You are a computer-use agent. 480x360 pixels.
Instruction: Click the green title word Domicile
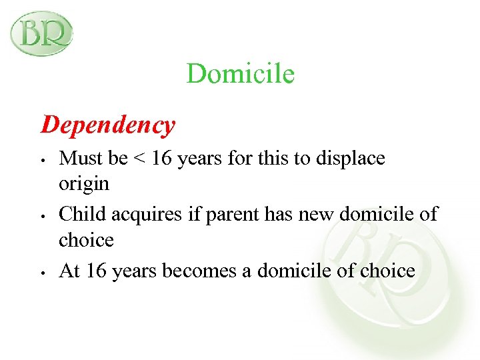240,73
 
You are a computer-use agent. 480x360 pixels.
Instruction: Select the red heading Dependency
108,125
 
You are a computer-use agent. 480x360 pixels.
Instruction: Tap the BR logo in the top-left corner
41,33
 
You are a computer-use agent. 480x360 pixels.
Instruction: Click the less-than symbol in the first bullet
138,159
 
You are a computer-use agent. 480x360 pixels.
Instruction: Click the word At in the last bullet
69,270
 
